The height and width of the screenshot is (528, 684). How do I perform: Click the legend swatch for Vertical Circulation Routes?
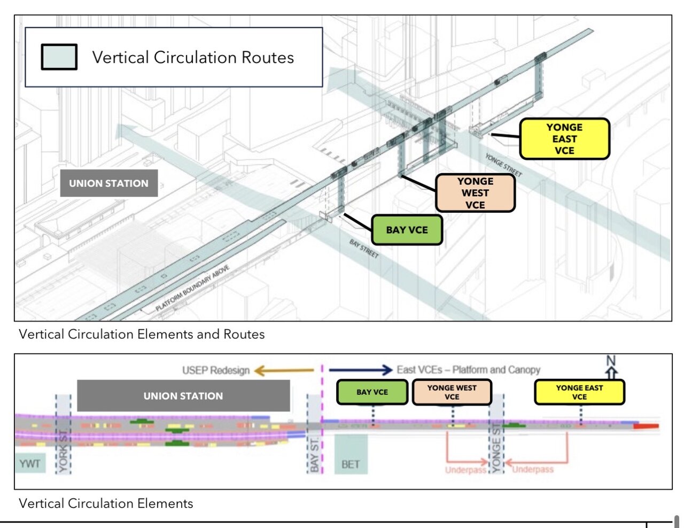[59, 57]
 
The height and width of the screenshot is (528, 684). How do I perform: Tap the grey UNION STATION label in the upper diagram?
[108, 183]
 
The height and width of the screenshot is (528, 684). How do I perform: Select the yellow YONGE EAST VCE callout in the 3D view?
[564, 139]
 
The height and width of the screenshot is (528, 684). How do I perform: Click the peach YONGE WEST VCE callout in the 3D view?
[475, 193]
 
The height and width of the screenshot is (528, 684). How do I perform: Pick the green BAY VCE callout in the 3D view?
[407, 230]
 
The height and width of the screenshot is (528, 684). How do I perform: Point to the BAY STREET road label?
[364, 249]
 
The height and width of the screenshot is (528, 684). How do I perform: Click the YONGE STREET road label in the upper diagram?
[503, 165]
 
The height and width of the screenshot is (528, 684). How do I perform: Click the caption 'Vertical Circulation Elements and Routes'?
[142, 335]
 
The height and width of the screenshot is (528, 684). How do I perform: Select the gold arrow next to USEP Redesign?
[283, 370]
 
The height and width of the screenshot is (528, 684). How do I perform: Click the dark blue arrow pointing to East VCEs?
[361, 370]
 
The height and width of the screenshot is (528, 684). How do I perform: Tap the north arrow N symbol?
[611, 367]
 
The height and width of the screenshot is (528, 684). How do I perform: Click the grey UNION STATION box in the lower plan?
[183, 396]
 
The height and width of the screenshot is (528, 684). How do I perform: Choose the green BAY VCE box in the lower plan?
[372, 392]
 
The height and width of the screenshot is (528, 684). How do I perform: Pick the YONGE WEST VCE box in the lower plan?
[452, 392]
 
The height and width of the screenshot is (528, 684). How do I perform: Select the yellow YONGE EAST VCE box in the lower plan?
[579, 392]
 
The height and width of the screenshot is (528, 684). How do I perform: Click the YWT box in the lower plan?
[30, 463]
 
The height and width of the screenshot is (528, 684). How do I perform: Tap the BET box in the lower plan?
[351, 464]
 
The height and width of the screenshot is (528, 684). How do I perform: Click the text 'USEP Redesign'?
[216, 370]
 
